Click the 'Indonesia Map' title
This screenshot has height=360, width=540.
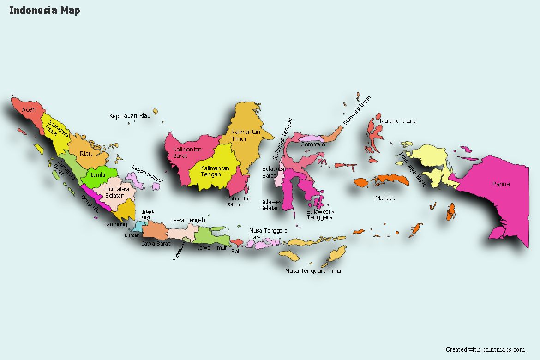pyautogui.click(x=44, y=10)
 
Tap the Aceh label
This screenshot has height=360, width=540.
pyautogui.click(x=29, y=109)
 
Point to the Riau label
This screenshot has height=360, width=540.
pyautogui.click(x=86, y=153)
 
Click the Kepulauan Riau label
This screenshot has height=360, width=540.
pyautogui.click(x=130, y=116)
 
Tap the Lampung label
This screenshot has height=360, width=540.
pyautogui.click(x=115, y=224)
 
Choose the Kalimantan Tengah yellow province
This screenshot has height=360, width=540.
pyautogui.click(x=215, y=171)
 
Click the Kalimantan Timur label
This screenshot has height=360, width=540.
pyautogui.click(x=246, y=135)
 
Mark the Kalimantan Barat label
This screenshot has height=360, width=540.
pyautogui.click(x=187, y=152)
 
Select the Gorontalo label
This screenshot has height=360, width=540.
pyautogui.click(x=313, y=144)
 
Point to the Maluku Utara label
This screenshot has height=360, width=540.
pyautogui.click(x=398, y=121)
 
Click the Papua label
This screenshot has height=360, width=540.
pyautogui.click(x=501, y=184)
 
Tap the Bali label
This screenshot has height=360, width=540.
pyautogui.click(x=236, y=252)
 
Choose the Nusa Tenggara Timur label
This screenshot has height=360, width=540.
pyautogui.click(x=314, y=271)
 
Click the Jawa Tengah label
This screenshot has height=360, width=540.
pyautogui.click(x=188, y=220)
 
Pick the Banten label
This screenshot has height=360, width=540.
pyautogui.click(x=132, y=235)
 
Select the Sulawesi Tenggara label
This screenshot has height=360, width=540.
pyautogui.click(x=319, y=215)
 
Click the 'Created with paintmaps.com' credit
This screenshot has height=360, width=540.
pyautogui.click(x=485, y=350)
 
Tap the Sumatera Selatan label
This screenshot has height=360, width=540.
pyautogui.click(x=117, y=192)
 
